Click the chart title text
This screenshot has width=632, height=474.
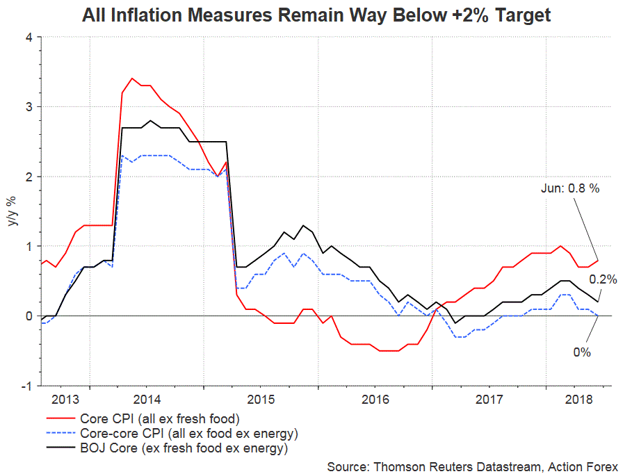click(316, 15)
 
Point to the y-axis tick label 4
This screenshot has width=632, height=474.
click(29, 37)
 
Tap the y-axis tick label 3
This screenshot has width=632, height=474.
click(29, 107)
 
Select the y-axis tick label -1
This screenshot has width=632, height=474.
click(27, 386)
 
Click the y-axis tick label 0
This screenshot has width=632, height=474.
click(29, 316)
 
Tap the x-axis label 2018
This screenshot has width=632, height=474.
click(578, 400)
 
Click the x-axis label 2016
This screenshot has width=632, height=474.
click(375, 400)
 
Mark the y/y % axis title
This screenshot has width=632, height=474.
click(12, 212)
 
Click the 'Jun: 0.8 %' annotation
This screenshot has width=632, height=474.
click(569, 188)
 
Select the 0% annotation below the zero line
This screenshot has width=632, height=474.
click(582, 352)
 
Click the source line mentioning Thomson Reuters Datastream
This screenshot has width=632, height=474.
click(472, 465)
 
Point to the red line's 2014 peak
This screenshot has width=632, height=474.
click(132, 78)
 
